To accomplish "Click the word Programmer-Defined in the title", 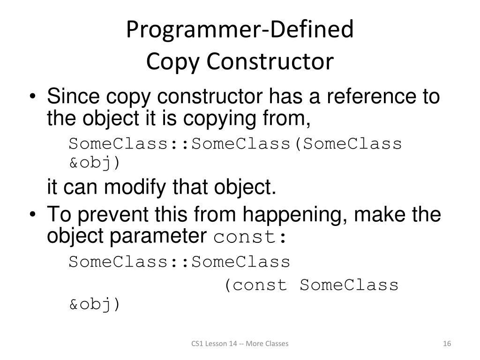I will tap(240, 30).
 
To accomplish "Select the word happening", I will tap(295, 215).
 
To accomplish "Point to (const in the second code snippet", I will tap(255, 285).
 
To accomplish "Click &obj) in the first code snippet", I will tap(95, 163).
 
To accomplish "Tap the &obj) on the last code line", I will tap(95, 305).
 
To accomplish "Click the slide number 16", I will tap(447, 344).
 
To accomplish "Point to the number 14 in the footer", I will tap(233, 344).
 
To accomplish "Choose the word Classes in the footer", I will tap(277, 344).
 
